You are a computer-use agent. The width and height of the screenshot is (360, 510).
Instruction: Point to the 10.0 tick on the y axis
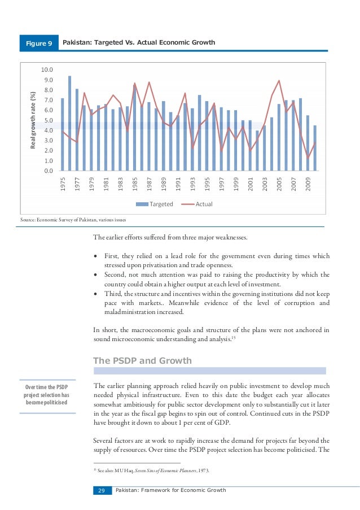pyautogui.click(x=46, y=69)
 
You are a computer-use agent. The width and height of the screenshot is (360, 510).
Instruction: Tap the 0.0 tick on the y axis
pyautogui.click(x=47, y=171)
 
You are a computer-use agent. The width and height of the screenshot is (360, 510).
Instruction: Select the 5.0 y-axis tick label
pyautogui.click(x=47, y=120)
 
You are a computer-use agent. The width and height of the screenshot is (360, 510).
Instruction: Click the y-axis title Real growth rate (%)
pyautogui.click(x=33, y=120)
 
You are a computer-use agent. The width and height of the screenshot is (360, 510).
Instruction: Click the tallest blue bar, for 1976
pyautogui.click(x=69, y=123)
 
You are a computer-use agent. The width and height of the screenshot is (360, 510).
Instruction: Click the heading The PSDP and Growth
pyautogui.click(x=142, y=360)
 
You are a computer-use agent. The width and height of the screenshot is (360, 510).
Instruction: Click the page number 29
pyautogui.click(x=102, y=490)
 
